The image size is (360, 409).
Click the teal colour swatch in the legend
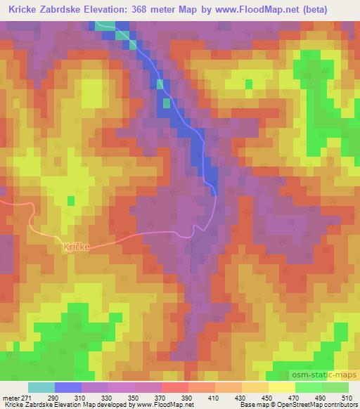tap(41, 387)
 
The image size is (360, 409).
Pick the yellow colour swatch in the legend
tap(281, 387)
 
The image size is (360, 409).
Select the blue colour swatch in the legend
tap(68, 387)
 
